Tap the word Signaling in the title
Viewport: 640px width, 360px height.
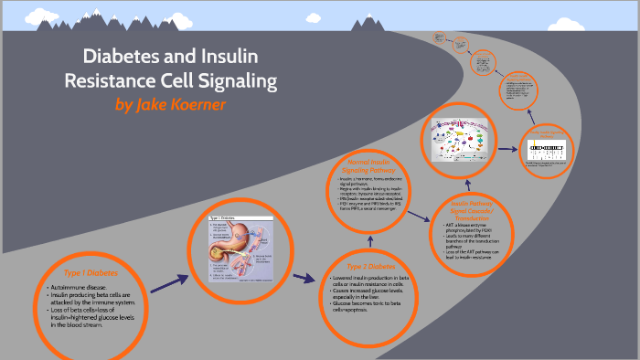(x=231, y=80)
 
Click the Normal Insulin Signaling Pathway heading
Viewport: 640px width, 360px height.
(x=369, y=166)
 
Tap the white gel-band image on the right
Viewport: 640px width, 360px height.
(x=552, y=152)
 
